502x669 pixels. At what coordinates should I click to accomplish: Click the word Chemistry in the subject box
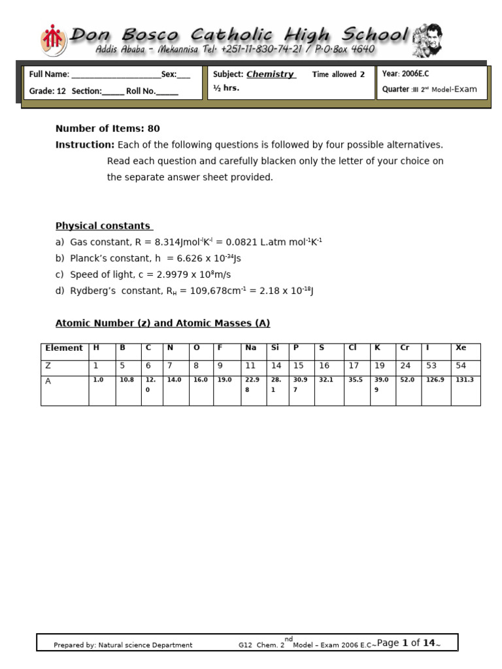point(270,74)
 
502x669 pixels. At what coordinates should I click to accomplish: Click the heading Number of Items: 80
point(107,129)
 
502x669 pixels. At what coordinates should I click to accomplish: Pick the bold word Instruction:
point(85,145)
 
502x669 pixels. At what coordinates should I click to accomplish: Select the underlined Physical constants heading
point(104,226)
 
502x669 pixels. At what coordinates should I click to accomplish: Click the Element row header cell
point(64,348)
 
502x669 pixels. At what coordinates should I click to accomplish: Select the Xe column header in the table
point(465,348)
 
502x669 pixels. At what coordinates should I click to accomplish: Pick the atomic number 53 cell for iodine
point(435,366)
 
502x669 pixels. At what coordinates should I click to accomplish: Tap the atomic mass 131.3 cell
point(465,380)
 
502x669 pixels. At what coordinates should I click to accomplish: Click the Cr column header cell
point(408,348)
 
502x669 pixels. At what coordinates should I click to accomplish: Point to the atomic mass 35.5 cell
point(356,380)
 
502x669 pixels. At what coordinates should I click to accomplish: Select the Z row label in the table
point(64,366)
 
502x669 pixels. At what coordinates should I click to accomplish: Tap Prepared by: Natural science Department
point(123,645)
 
